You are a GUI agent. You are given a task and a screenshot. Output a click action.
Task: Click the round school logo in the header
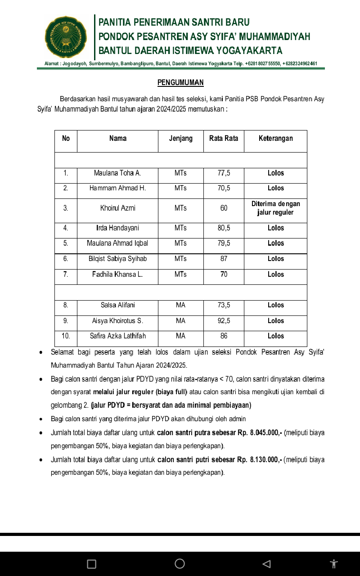tap(66, 37)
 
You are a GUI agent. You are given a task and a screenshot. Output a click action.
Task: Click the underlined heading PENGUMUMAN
tap(180, 82)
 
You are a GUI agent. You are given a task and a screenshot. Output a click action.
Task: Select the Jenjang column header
tap(180, 139)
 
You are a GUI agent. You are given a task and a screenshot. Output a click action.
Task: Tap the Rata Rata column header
tap(224, 139)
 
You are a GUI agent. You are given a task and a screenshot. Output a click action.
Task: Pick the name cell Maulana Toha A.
tap(117, 173)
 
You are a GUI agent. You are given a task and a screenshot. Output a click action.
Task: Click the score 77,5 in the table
tap(224, 173)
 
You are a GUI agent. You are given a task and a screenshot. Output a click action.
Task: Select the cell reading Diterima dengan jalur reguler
tap(275, 208)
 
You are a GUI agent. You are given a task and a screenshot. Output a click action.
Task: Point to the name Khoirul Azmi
tap(117, 208)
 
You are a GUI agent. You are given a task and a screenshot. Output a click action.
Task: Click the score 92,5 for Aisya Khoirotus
tap(224, 321)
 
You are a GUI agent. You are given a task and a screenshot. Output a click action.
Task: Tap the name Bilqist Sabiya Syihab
tap(117, 259)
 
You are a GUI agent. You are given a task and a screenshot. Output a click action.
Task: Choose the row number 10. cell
tap(66, 336)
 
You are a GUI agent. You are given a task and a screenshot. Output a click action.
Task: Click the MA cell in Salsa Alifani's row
tap(180, 306)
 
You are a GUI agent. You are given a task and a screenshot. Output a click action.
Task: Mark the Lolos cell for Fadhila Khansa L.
tap(275, 274)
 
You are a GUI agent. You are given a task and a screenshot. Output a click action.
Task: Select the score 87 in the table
tap(224, 259)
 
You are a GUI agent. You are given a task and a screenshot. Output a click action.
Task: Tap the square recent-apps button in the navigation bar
tap(91, 564)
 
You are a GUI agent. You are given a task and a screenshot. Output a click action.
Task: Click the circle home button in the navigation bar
tap(180, 563)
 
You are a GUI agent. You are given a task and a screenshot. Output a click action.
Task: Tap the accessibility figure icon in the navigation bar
tap(333, 564)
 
